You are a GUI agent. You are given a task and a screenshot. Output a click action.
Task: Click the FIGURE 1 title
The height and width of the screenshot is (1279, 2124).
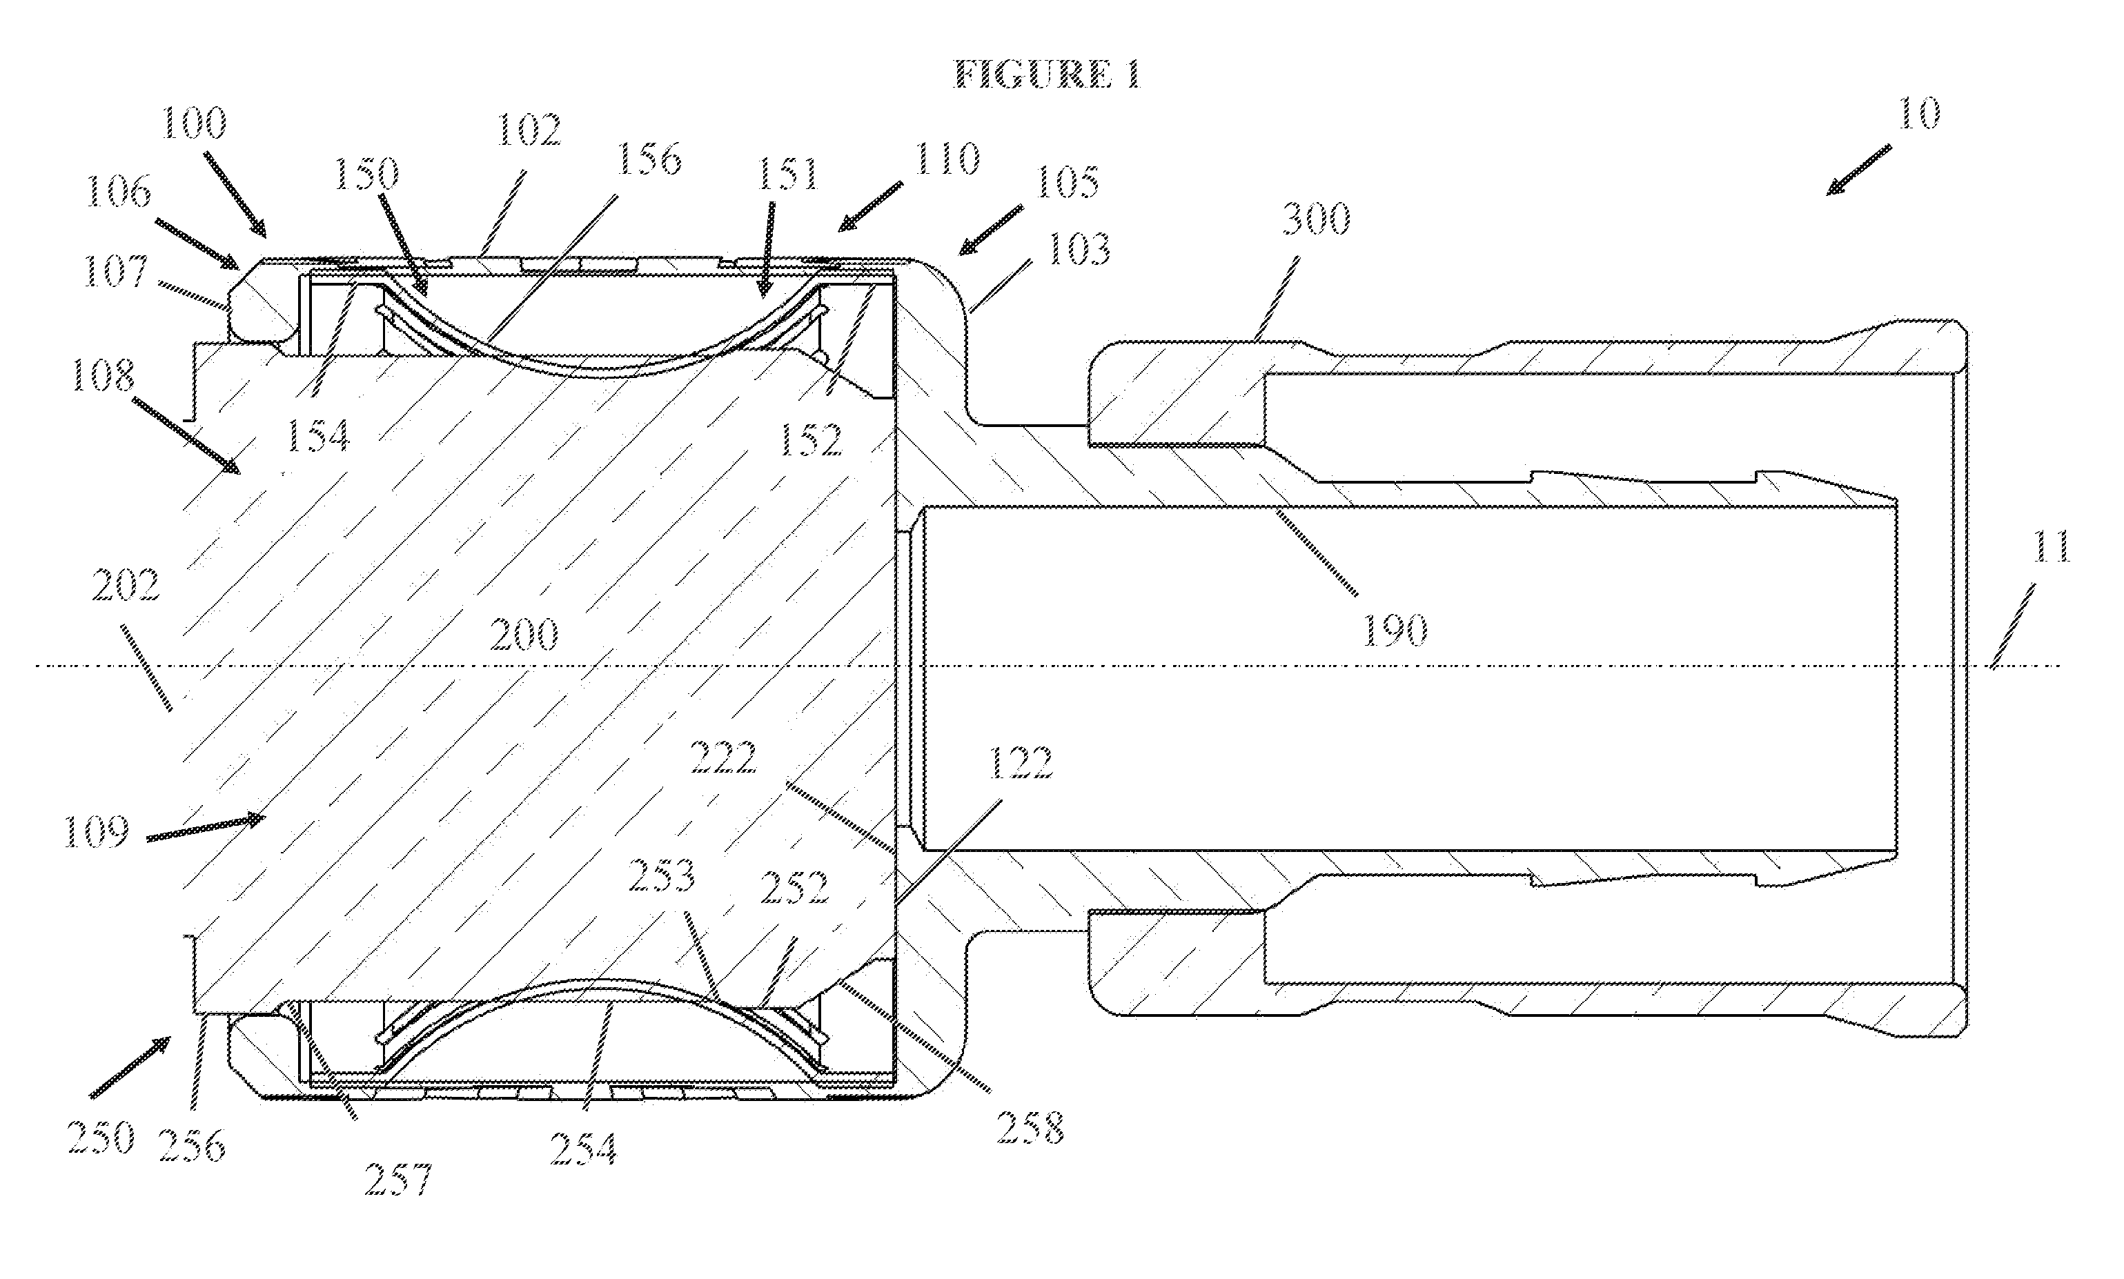click(1048, 75)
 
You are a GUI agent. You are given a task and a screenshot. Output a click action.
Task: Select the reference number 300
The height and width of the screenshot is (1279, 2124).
click(1315, 219)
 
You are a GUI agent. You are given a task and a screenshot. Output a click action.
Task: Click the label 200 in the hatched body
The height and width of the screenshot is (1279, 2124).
click(524, 636)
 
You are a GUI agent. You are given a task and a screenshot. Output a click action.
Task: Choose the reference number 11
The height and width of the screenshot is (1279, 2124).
click(2052, 546)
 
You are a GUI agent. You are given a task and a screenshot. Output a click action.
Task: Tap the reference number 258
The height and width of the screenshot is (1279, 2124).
click(1030, 1127)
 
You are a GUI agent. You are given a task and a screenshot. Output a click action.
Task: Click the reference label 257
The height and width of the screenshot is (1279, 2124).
click(397, 1179)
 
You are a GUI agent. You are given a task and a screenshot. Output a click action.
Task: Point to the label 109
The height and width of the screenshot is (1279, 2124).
click(97, 833)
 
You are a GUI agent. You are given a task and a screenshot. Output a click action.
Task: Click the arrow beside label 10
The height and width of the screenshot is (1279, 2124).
click(1858, 170)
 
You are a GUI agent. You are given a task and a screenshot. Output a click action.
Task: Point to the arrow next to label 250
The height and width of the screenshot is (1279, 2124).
click(131, 1068)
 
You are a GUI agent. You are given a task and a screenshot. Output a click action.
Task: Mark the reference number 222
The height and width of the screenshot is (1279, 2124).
click(723, 758)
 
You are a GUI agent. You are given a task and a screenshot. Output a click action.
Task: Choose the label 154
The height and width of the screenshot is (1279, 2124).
click(317, 436)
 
